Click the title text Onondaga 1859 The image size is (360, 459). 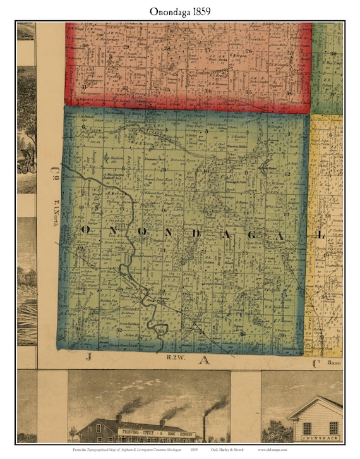click(x=179, y=11)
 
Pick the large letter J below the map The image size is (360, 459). click(x=88, y=358)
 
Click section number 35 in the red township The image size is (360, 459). click(x=248, y=92)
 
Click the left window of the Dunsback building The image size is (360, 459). click(x=307, y=428)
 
